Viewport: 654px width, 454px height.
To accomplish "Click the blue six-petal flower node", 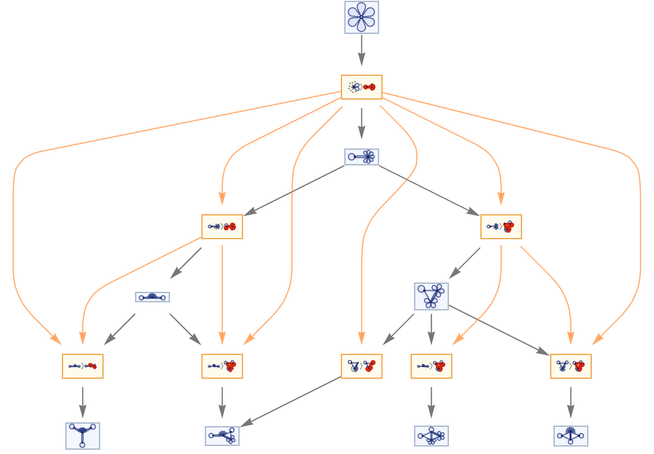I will tap(362, 17).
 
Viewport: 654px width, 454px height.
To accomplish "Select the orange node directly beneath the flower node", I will tap(362, 87).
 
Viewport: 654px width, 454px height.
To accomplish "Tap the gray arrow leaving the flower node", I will tap(362, 50).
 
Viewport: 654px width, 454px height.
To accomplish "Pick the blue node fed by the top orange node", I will tap(362, 157).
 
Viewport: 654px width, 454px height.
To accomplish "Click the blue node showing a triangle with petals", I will tap(431, 296).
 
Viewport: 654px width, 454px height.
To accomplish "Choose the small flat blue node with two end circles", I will tap(152, 297).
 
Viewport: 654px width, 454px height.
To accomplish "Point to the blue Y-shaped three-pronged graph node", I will tap(83, 435).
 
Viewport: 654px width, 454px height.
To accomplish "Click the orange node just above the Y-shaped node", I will tap(83, 366).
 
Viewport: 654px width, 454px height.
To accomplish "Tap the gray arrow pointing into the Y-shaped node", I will tap(83, 402).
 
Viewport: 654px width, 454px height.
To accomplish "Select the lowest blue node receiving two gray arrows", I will tap(222, 435).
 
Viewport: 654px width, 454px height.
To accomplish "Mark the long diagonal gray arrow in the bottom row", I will tap(291, 401).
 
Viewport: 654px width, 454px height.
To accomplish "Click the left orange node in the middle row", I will tap(222, 226).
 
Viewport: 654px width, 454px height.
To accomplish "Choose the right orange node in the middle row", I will tap(501, 226).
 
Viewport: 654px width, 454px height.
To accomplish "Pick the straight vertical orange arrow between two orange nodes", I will tap(222, 294).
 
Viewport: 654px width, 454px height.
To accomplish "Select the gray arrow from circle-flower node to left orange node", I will tap(297, 191).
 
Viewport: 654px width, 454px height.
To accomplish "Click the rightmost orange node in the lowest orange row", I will tap(571, 366).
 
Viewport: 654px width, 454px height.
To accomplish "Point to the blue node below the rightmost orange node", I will tap(571, 435).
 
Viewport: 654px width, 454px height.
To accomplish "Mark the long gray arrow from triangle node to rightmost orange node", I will tap(498, 330).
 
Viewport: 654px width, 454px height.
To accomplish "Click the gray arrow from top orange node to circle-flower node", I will tap(362, 123).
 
